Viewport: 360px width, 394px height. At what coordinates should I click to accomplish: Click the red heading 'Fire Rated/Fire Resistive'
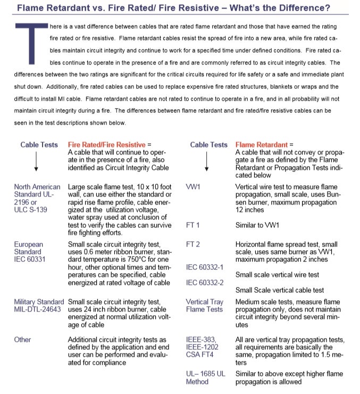106,145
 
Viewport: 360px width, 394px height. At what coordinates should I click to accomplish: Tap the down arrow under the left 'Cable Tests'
36,162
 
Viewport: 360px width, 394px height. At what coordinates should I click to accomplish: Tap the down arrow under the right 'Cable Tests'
206,162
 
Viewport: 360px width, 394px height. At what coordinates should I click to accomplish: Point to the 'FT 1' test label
193,225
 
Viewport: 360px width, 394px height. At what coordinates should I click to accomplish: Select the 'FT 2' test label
193,244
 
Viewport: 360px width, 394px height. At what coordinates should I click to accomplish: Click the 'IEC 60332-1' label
205,267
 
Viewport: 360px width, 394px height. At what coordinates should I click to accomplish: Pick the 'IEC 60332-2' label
205,282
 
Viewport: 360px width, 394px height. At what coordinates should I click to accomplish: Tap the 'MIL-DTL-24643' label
37,309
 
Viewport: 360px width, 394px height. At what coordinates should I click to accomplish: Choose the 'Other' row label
23,340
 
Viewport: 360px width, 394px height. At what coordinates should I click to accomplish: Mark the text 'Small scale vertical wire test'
277,275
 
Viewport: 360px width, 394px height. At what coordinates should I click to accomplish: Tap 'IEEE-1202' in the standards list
202,347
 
